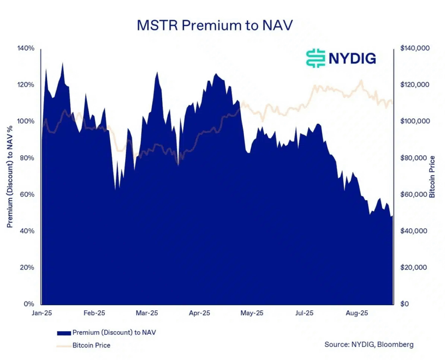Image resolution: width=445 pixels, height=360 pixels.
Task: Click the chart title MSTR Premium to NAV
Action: [215, 26]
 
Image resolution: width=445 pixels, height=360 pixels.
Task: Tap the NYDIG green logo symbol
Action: [315, 58]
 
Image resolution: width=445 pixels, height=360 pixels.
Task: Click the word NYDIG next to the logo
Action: [352, 58]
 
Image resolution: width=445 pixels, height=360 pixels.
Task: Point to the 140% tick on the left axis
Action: [26, 48]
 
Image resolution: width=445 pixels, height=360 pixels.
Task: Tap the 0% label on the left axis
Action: [29, 303]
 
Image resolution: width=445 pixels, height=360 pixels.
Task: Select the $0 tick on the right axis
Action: [404, 303]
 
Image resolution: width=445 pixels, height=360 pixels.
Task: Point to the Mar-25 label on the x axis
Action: [147, 313]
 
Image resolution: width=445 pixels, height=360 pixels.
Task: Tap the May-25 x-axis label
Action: [252, 313]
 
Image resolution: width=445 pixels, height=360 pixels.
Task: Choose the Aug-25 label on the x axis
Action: [358, 313]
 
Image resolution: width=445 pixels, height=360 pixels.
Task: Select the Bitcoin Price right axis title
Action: [432, 176]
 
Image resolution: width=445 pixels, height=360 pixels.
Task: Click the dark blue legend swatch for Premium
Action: [63, 333]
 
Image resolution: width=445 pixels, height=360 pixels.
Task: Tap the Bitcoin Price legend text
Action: [91, 345]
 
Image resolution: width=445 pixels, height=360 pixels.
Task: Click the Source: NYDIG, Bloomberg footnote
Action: [369, 344]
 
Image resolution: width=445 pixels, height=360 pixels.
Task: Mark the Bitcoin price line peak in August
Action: [361, 80]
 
